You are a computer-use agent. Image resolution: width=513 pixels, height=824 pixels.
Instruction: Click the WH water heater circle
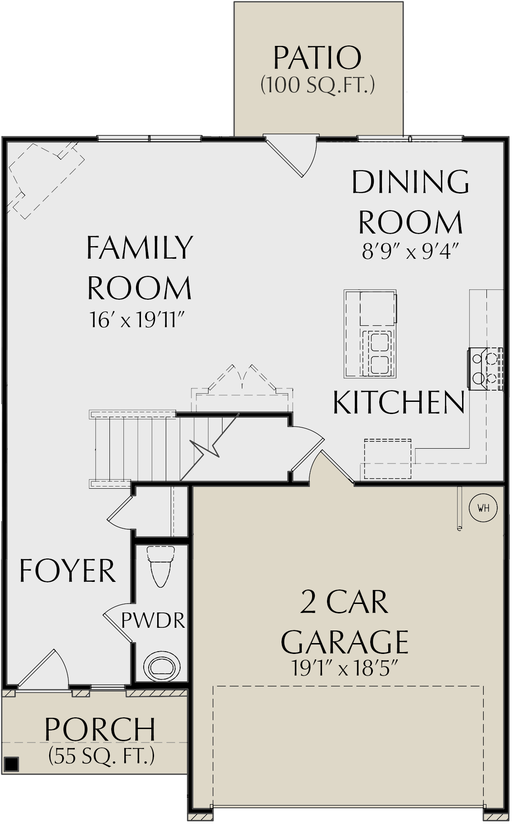[483, 508]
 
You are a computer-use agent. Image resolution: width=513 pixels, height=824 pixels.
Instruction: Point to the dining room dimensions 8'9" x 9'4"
[410, 252]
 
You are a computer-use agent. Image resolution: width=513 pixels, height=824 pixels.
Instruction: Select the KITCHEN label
[399, 402]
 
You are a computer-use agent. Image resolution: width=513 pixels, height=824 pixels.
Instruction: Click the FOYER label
[67, 570]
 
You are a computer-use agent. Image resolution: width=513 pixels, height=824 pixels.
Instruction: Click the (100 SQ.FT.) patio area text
[318, 85]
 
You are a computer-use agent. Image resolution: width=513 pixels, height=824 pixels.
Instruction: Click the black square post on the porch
[11, 763]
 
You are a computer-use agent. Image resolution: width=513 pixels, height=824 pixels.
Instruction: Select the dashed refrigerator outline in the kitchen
[388, 459]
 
